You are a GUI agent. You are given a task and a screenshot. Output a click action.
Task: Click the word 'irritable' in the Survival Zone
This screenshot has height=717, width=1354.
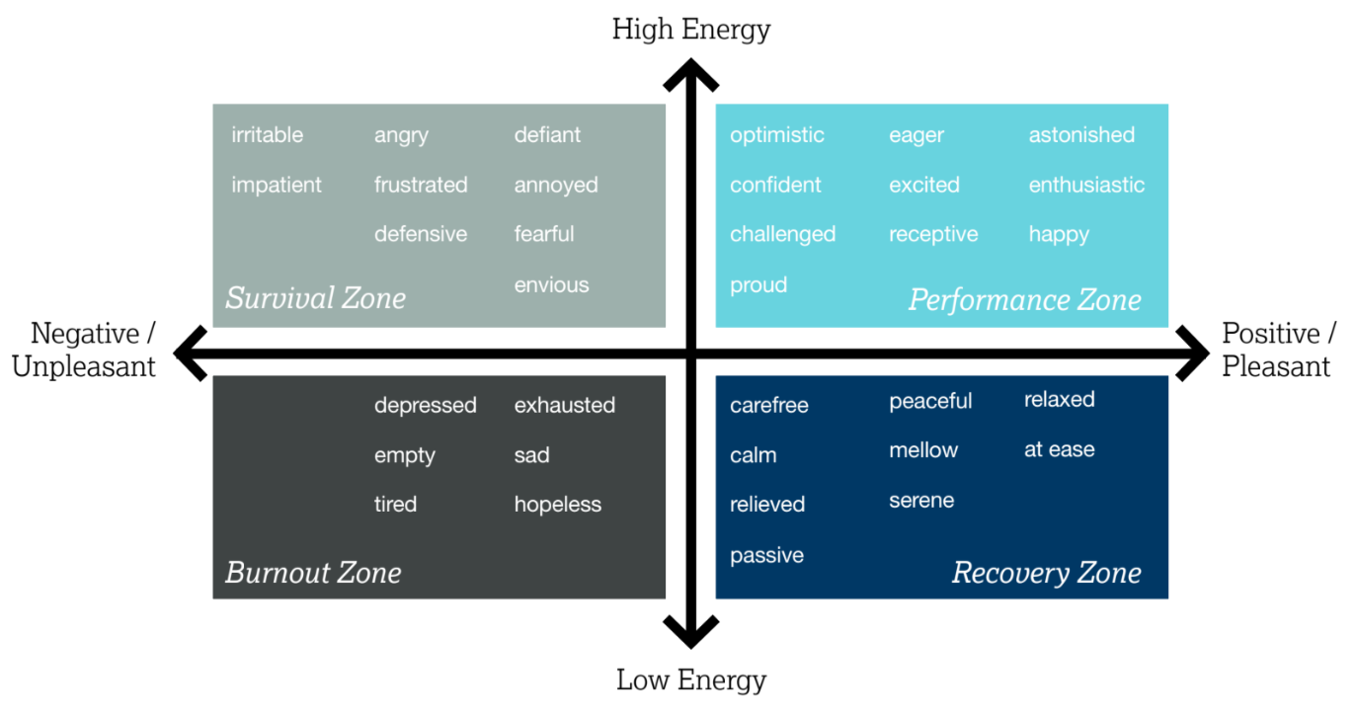[x=267, y=135]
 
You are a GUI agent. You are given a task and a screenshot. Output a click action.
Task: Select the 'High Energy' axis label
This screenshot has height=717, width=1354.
[x=690, y=29]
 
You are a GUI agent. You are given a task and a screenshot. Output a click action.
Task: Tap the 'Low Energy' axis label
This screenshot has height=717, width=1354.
[x=690, y=679]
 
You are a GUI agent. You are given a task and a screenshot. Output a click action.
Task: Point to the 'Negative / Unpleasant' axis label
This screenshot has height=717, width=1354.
[x=84, y=350]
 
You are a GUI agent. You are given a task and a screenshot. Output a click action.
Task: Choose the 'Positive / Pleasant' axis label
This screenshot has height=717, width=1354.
[x=1278, y=350]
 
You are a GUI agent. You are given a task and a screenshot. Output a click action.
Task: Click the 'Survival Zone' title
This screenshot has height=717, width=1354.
[x=315, y=298]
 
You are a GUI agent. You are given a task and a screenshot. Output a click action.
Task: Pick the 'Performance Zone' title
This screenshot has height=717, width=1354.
[x=1024, y=300]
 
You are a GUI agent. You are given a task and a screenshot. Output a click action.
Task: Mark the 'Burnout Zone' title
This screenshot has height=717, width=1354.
[x=313, y=573]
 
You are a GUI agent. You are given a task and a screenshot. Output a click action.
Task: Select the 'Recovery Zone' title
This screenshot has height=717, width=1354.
[x=1046, y=573]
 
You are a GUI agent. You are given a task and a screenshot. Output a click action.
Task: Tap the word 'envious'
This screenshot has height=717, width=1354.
[x=551, y=285]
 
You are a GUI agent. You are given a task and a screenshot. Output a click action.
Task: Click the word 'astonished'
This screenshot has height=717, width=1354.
[x=1081, y=135]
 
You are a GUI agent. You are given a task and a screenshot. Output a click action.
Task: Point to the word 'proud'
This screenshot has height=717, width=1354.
[x=758, y=285]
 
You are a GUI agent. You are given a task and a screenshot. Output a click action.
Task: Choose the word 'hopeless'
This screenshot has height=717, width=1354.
[x=557, y=505]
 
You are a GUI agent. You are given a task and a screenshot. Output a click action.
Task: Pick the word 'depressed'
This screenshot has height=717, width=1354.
[x=425, y=406]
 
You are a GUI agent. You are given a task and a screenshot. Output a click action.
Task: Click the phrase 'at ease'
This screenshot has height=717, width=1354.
[x=1059, y=450]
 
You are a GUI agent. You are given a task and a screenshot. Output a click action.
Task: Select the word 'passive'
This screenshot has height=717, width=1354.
[x=766, y=556]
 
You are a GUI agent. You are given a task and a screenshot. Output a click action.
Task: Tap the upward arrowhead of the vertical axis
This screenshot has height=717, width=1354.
[x=690, y=74]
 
